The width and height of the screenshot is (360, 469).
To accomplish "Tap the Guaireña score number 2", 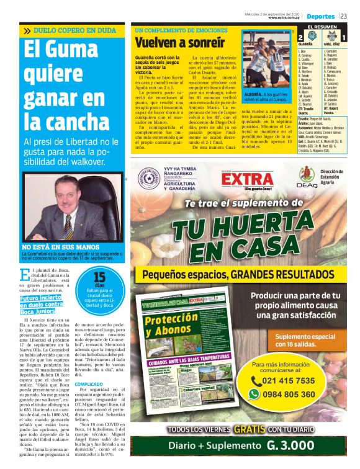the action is (x=301, y=38).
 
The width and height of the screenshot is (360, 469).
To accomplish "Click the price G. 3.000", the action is (x=292, y=445).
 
